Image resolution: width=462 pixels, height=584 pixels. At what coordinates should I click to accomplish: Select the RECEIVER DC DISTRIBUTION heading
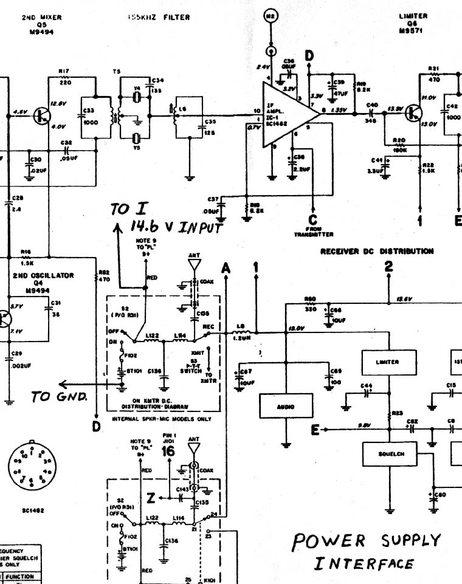(377, 251)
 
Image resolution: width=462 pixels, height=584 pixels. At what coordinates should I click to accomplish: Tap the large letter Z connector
(150, 498)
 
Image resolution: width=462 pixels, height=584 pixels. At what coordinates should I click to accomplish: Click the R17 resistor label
(64, 72)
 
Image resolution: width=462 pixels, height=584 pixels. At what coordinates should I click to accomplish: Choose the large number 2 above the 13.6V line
(388, 266)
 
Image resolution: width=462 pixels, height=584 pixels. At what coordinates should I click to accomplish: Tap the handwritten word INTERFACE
(364, 563)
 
